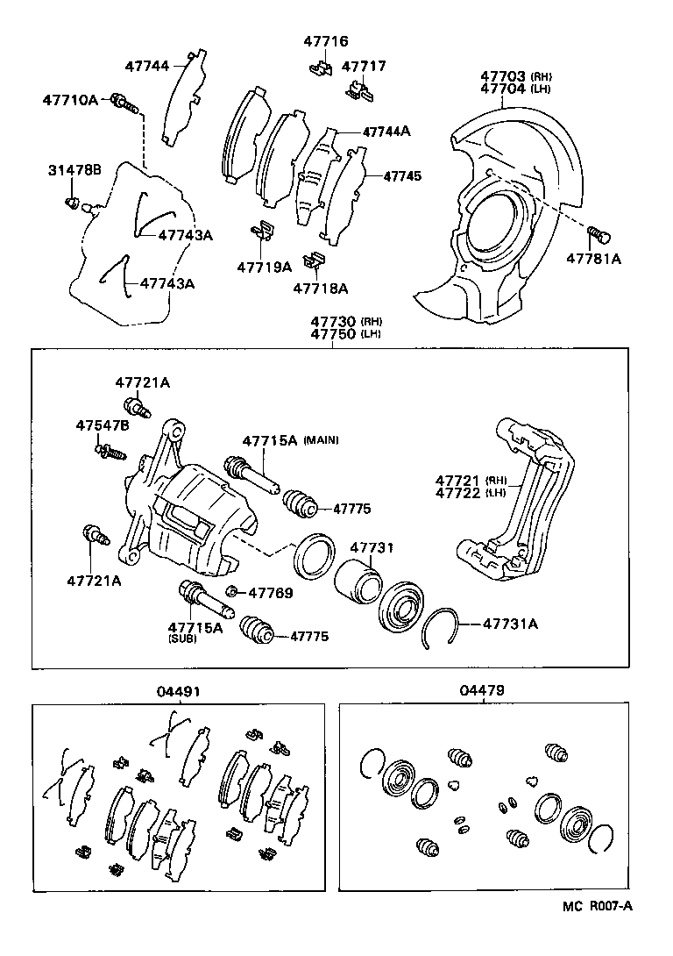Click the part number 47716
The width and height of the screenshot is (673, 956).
(326, 41)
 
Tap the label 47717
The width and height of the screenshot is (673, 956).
(363, 66)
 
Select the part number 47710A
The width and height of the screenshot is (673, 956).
(70, 101)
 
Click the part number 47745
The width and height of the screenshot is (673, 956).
(402, 176)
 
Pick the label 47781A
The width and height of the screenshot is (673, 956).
(593, 259)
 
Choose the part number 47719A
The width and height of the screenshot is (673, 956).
(263, 267)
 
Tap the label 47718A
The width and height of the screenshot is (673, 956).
(320, 288)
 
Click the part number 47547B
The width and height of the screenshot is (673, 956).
(102, 425)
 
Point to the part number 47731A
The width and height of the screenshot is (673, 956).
(511, 624)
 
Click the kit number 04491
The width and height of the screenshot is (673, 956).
(180, 691)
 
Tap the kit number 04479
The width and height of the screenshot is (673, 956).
(481, 691)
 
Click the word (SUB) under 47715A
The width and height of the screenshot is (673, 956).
(183, 639)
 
